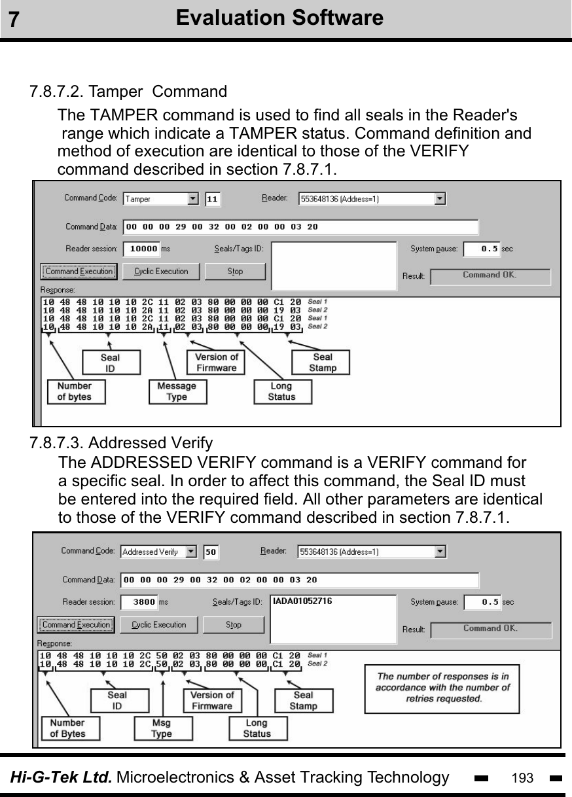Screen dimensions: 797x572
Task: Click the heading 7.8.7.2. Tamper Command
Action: click(x=128, y=91)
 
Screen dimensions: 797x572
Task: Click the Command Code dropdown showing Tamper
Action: click(x=160, y=198)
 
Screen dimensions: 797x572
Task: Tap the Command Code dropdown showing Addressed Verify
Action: click(x=158, y=552)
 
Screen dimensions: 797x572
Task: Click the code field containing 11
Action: click(x=213, y=198)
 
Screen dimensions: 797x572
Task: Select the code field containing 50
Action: click(x=211, y=552)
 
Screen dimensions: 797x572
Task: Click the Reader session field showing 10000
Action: click(x=141, y=249)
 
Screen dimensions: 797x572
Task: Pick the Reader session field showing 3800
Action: click(x=139, y=602)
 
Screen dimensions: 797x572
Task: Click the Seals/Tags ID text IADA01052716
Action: click(x=302, y=601)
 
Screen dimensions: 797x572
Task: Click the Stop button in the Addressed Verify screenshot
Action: click(x=233, y=625)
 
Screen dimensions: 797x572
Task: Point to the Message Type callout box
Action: click(x=177, y=391)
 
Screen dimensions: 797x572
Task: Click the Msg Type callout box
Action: click(x=162, y=728)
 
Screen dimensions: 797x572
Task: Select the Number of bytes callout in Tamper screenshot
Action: click(x=75, y=391)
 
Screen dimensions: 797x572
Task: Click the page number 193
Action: click(x=522, y=778)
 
